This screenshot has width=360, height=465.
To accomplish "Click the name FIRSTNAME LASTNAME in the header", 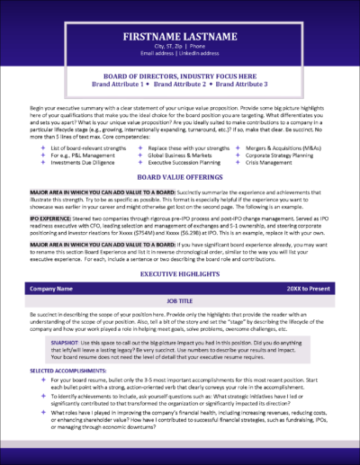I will pos(180,38).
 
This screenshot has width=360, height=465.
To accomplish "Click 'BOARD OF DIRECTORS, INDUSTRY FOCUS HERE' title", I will pos(180,77).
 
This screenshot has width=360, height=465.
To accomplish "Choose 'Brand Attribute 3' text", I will pos(237,85).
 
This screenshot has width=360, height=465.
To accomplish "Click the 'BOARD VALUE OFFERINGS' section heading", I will pos(180,179).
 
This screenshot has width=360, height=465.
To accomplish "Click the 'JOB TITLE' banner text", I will pos(180,305).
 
